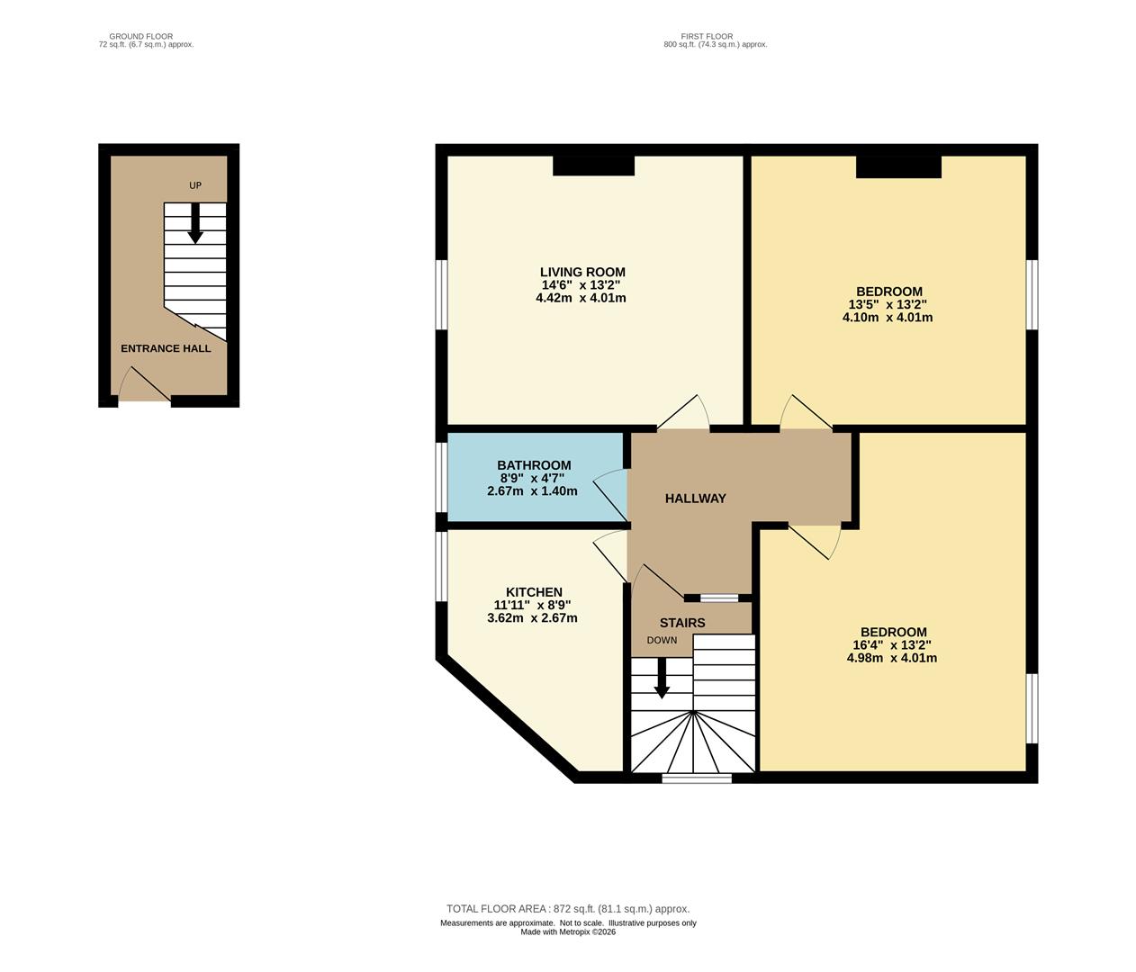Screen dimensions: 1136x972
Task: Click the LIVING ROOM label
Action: (582, 272)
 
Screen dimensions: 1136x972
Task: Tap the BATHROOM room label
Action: (534, 464)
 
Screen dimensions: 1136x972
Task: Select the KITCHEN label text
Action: (534, 592)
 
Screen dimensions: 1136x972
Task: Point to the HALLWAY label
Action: (695, 499)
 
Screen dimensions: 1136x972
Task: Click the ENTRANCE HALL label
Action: (166, 348)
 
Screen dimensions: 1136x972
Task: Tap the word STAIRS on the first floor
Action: (682, 623)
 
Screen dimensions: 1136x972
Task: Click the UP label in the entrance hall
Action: (195, 185)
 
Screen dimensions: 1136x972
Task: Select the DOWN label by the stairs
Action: (662, 640)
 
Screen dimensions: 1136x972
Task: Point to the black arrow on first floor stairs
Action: (662, 678)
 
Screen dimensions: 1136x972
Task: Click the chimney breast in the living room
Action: (593, 166)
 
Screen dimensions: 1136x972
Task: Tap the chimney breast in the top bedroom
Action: (898, 167)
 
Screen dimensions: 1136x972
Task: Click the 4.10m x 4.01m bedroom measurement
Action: (888, 317)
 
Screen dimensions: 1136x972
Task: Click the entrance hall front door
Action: (144, 384)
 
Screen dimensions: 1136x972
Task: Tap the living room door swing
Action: (683, 411)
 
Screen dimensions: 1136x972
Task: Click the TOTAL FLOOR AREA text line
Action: (568, 909)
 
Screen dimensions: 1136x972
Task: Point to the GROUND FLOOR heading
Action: (141, 36)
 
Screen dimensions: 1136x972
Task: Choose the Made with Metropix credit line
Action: (568, 931)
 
